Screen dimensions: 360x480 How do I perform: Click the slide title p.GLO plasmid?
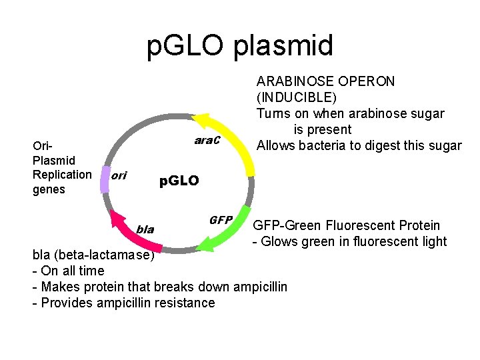click(x=240, y=46)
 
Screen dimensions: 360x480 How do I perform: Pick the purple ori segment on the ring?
click(x=105, y=178)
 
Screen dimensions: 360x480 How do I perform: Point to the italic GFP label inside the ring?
click(x=221, y=220)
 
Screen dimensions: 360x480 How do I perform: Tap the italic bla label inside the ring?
click(x=145, y=230)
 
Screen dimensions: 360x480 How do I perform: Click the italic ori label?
click(x=119, y=177)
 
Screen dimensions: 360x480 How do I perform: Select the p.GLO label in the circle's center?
click(x=178, y=181)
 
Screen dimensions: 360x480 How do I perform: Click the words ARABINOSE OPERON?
click(x=325, y=81)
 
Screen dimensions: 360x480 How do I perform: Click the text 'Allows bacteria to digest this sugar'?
click(x=359, y=145)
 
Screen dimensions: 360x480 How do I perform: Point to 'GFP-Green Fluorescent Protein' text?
click(x=347, y=225)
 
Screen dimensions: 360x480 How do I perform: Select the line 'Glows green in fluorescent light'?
click(x=353, y=241)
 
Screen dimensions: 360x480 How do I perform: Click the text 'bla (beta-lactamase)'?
click(x=94, y=255)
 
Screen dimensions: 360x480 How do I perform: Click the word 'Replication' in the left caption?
click(x=62, y=175)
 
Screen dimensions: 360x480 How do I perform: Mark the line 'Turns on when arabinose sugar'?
click(x=350, y=113)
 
